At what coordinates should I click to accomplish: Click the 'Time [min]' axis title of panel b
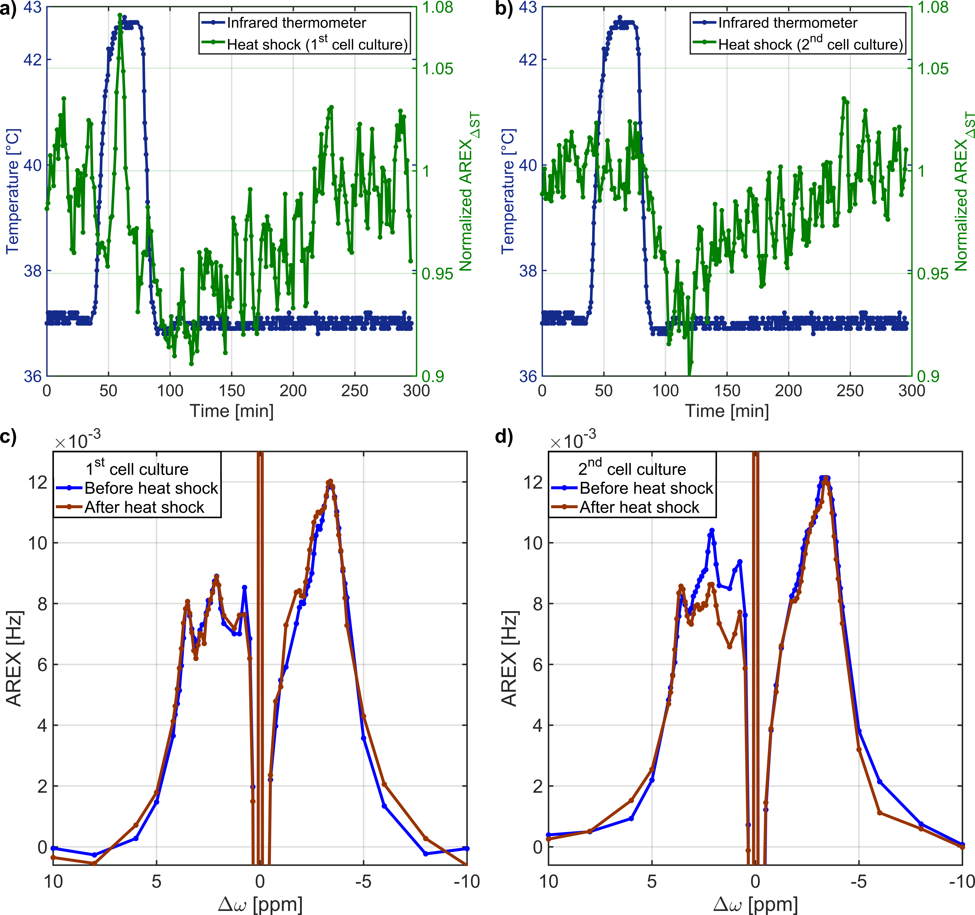point(727,411)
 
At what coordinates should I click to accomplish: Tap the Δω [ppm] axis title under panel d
point(755,903)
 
